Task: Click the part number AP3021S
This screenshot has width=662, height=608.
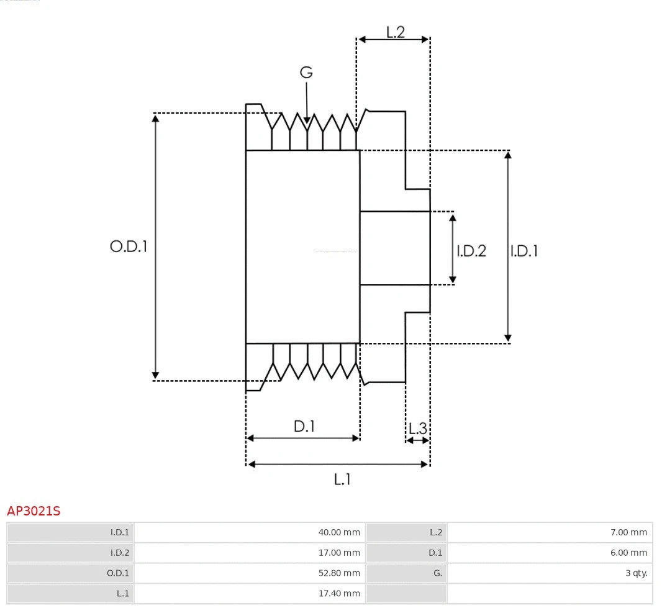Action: coord(34,511)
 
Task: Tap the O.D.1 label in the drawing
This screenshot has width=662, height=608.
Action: coord(129,247)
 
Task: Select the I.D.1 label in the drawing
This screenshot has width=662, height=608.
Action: coord(524,251)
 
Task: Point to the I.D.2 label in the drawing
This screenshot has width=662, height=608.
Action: coord(471,251)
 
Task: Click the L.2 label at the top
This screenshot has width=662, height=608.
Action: coord(395,32)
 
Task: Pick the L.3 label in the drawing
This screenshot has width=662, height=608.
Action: coord(417,428)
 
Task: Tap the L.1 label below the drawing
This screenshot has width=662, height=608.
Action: coord(342,479)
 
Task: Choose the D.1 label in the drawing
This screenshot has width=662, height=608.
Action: coord(304,427)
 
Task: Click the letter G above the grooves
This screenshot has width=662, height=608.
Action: coord(306,73)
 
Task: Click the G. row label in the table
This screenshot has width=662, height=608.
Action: coord(437,573)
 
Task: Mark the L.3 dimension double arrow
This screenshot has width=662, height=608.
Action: coord(417,440)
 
